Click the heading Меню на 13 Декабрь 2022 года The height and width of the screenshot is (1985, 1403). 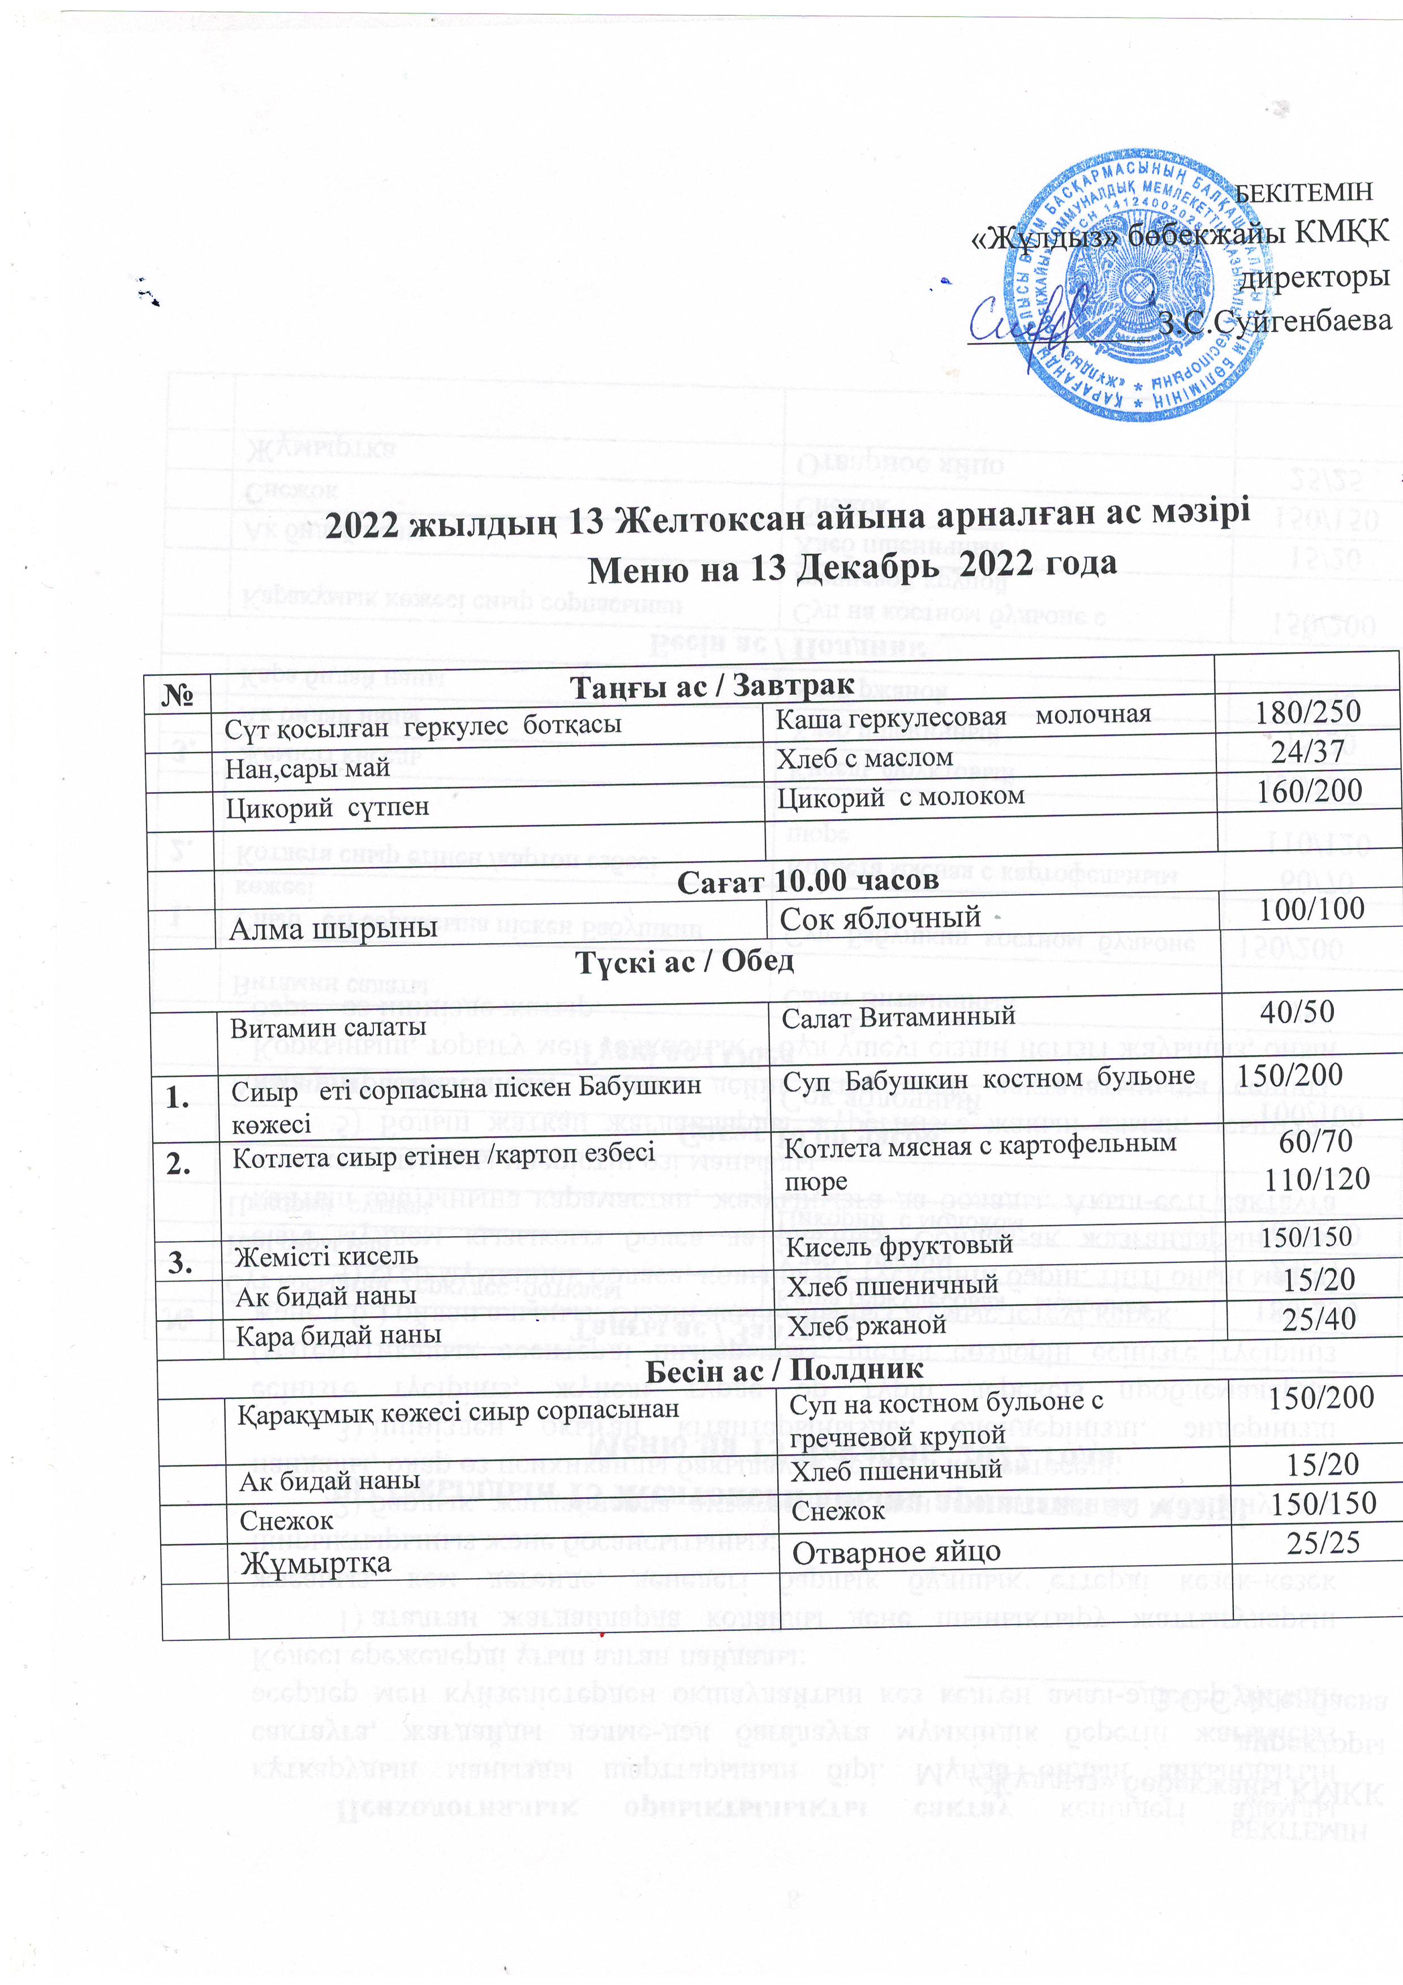851,565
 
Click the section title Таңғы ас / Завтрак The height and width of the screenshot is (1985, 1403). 712,686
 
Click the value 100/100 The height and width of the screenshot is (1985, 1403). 1311,909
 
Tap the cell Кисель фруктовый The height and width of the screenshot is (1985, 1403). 897,1245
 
